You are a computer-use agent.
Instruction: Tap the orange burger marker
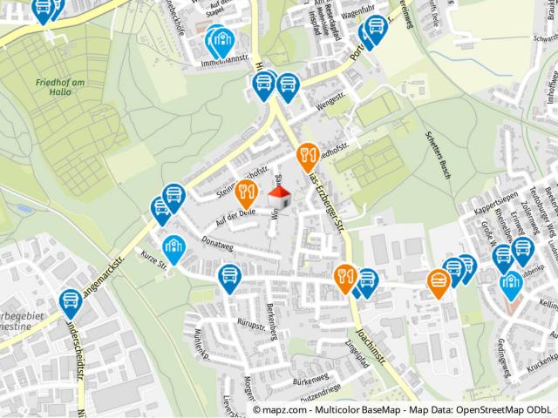click(438, 281)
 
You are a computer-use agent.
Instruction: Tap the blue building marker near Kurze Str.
click(174, 249)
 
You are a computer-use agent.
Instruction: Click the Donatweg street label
click(218, 239)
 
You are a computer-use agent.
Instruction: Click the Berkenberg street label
click(278, 300)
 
